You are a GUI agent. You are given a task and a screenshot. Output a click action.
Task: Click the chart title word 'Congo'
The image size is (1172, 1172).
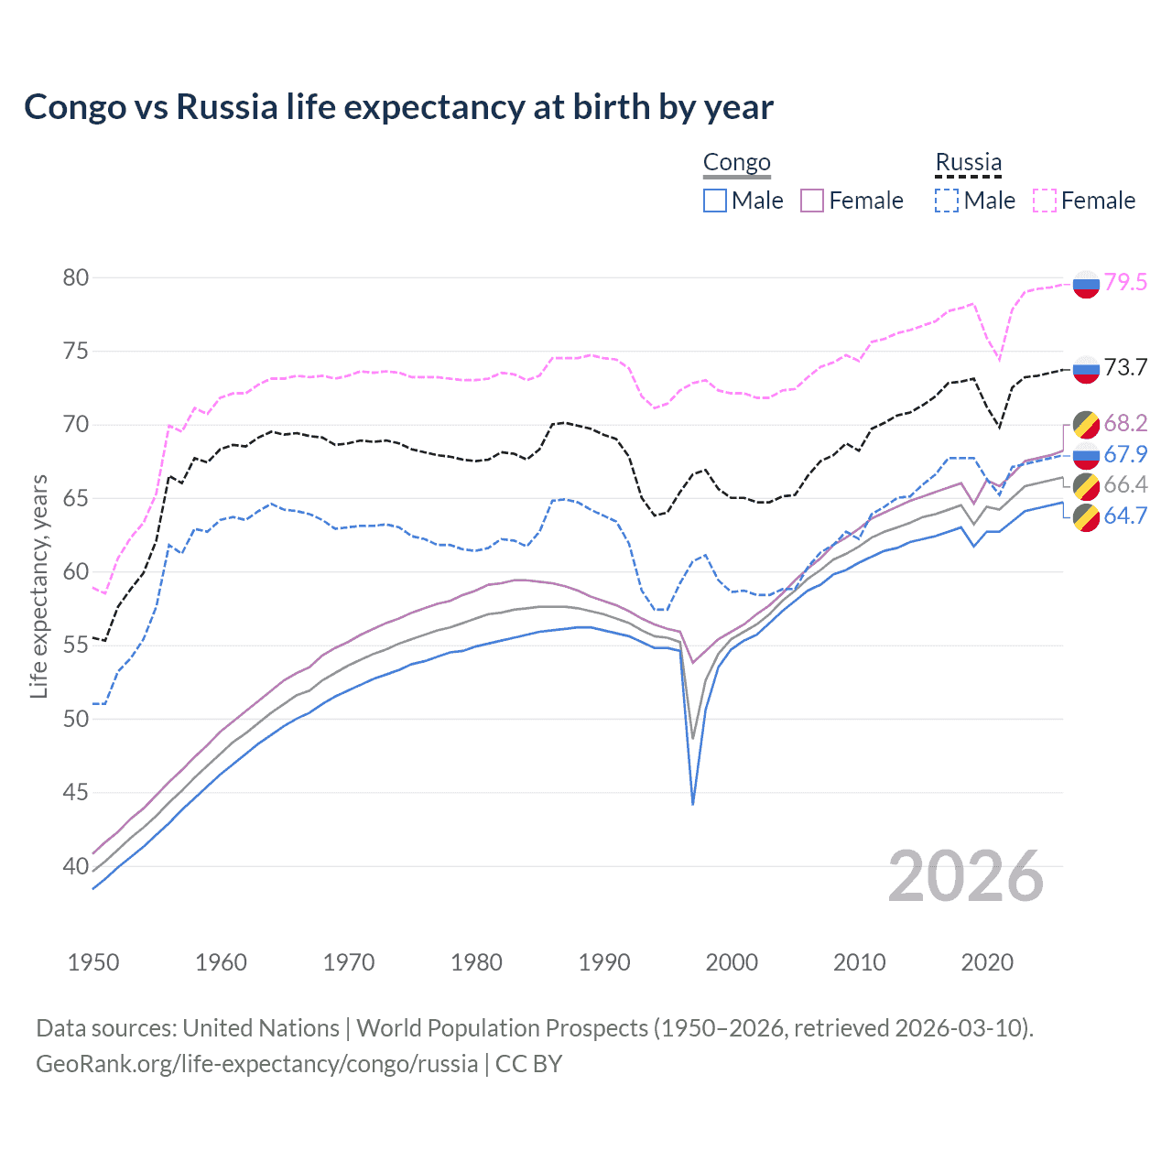pyautogui.click(x=75, y=107)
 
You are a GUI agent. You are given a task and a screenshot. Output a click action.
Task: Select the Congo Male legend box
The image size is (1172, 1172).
pyautogui.click(x=715, y=201)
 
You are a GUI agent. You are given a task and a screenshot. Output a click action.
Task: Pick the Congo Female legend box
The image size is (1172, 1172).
pyautogui.click(x=812, y=201)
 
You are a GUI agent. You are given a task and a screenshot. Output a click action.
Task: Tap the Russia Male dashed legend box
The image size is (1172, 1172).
pyautogui.click(x=947, y=201)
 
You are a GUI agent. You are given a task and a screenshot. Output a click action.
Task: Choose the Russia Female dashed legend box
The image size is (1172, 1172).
pyautogui.click(x=1044, y=201)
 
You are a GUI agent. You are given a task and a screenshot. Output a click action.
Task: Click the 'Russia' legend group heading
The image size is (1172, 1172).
pyautogui.click(x=968, y=163)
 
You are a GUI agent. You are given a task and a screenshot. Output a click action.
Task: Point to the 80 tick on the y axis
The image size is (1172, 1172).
pyautogui.click(x=76, y=277)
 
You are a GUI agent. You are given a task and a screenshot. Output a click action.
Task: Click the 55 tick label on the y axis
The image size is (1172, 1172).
pyautogui.click(x=76, y=646)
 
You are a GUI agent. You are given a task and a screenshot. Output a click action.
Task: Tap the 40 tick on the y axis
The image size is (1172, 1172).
pyautogui.click(x=76, y=866)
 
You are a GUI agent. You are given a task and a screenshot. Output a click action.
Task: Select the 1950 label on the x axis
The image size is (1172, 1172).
pyautogui.click(x=93, y=962)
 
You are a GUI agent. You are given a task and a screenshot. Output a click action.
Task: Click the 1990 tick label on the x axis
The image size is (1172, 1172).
pyautogui.click(x=604, y=962)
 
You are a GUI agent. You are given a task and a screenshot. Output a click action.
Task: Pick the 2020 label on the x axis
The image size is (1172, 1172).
pyautogui.click(x=987, y=962)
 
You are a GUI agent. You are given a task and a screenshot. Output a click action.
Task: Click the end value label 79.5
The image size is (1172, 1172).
pyautogui.click(x=1125, y=283)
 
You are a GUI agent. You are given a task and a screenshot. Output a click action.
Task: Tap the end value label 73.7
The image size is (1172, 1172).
pyautogui.click(x=1125, y=368)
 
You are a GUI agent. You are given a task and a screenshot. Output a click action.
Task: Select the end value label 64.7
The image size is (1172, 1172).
pyautogui.click(x=1125, y=516)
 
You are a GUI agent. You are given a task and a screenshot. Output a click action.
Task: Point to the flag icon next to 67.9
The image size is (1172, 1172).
pyautogui.click(x=1086, y=455)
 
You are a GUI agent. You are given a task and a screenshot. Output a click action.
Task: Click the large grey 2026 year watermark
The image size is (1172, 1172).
pyautogui.click(x=966, y=877)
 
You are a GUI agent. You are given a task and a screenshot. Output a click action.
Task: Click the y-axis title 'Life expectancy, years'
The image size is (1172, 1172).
pyautogui.click(x=38, y=586)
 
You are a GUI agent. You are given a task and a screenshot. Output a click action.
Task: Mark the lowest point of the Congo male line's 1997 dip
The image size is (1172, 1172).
pyautogui.click(x=693, y=804)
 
